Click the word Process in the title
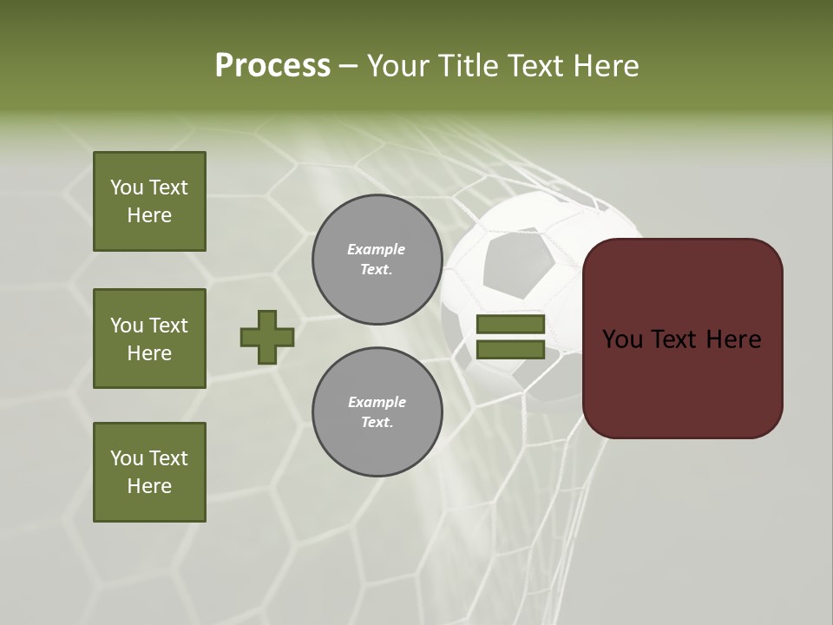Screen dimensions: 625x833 point(272,66)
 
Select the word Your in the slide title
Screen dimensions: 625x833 point(400,66)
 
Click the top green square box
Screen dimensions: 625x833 point(149,201)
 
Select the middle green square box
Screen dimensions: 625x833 point(149,339)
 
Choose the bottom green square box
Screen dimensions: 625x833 point(149,472)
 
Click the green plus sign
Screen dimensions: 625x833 point(267,337)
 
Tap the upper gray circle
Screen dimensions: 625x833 point(377,260)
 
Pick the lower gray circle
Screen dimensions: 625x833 point(377,412)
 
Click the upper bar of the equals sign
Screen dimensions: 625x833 point(510,324)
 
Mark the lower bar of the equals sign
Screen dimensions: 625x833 point(510,350)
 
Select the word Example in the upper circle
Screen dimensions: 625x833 point(377,249)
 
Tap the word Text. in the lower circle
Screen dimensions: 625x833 point(377,423)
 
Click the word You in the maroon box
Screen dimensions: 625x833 point(622,339)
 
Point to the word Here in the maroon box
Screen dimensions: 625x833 point(733,339)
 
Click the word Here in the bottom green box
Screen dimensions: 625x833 point(149,486)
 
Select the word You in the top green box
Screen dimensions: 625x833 point(127,187)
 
